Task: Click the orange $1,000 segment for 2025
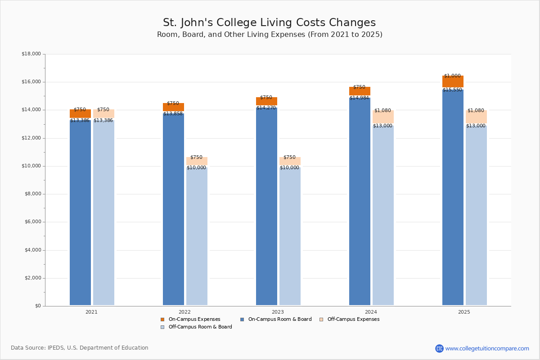click(453, 81)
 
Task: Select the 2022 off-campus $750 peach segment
click(197, 161)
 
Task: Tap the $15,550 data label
click(453, 90)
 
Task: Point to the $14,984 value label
click(359, 98)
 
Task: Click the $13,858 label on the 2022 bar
click(173, 113)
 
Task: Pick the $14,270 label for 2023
click(266, 108)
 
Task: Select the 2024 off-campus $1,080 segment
click(383, 117)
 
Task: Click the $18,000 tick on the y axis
click(31, 54)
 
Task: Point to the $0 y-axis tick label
click(38, 306)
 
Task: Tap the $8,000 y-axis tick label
click(33, 194)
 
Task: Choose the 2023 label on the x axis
click(278, 312)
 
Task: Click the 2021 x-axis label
click(91, 312)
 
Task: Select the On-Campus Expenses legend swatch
click(162, 319)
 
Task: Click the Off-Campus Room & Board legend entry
click(197, 327)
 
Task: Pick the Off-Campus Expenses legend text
click(353, 319)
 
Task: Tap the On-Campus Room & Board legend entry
click(276, 319)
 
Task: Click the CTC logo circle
click(439, 348)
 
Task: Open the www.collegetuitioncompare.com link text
click(487, 348)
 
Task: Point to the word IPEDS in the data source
click(56, 348)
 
